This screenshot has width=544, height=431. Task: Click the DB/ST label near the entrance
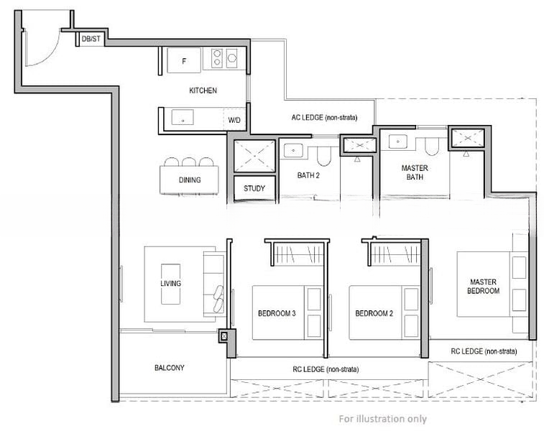point(91,39)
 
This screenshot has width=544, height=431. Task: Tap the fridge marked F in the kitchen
point(184,61)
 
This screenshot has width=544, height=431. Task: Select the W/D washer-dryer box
point(235,120)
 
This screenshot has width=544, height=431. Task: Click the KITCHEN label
point(203,91)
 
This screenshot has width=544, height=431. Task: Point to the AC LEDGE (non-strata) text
point(323,117)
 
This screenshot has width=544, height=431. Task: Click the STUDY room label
point(254,189)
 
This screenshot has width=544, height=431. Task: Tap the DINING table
point(190,180)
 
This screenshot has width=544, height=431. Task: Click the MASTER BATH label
point(415,172)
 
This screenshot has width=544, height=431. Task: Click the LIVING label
point(171,284)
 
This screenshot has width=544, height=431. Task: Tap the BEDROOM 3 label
point(277,314)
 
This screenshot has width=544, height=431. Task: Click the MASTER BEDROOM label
point(484,286)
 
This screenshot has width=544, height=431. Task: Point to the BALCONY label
point(170,368)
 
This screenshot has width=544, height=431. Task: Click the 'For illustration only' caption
point(382,419)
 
